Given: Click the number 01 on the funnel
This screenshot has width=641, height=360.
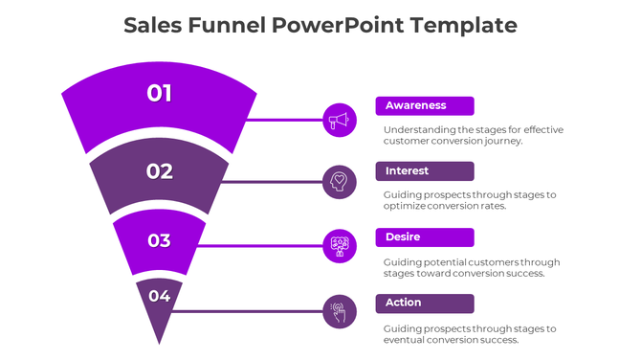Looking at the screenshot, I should [160, 93].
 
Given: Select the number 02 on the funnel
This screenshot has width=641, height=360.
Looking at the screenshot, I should [160, 171].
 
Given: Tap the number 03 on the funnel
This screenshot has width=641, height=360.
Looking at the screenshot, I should [160, 240].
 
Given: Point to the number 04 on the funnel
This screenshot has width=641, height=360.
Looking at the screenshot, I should [160, 296].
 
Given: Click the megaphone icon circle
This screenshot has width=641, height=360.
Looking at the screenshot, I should [340, 120].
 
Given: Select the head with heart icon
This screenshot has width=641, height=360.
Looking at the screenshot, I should [340, 182].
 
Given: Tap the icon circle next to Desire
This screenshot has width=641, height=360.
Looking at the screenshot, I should [340, 246].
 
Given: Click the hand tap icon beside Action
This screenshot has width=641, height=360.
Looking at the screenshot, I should [340, 311].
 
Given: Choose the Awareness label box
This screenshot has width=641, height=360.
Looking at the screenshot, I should [425, 106].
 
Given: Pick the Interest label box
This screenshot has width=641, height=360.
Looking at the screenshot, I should [425, 171].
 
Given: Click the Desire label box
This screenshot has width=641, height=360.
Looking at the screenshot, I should [425, 237].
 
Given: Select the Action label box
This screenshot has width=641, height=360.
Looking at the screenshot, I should [425, 303].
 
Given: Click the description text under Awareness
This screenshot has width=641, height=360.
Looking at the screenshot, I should [473, 135].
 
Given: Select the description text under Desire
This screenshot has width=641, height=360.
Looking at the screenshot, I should [471, 267].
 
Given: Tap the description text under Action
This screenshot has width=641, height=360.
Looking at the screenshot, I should [469, 333].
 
